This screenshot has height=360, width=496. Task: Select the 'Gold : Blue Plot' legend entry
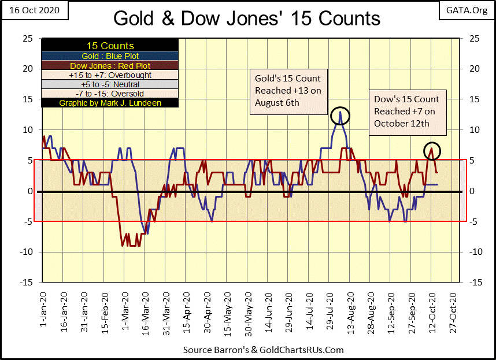[x=110, y=55]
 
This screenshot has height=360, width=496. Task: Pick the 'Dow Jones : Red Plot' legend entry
[x=110, y=65]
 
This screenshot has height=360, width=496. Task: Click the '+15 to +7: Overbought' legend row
[x=110, y=75]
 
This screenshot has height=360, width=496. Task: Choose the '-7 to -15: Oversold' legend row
[x=110, y=93]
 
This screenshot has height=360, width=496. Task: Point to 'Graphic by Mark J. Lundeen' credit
[x=110, y=103]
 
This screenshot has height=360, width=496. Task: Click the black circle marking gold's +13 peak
[x=340, y=115]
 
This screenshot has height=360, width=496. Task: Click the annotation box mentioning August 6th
[x=287, y=90]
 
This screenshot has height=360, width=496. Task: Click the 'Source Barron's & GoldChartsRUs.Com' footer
[x=263, y=350]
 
